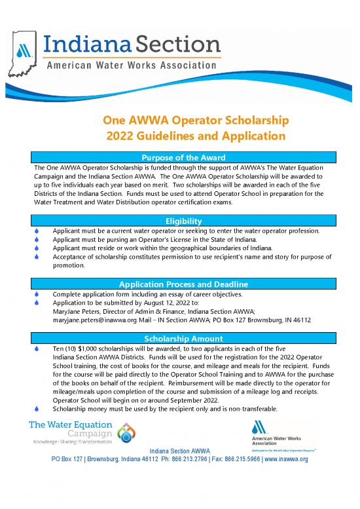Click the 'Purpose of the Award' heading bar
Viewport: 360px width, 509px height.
(x=179, y=157)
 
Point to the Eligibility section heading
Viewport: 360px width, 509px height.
(x=179, y=221)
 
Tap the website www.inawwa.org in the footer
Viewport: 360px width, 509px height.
(x=285, y=459)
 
